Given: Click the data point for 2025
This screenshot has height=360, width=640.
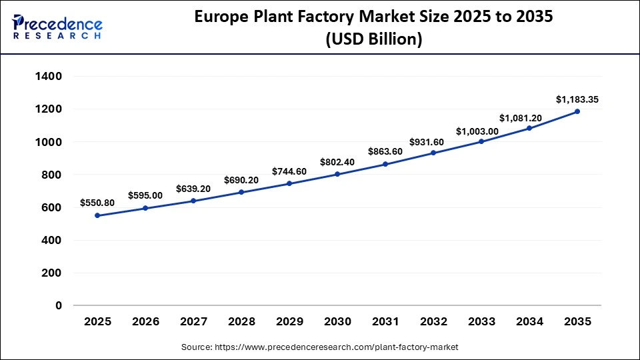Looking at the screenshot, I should click(97, 215).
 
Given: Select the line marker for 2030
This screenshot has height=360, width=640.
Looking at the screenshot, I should click(337, 174).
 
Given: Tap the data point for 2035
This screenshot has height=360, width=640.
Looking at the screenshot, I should click(577, 111).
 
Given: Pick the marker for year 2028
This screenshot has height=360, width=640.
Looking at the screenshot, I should click(241, 192).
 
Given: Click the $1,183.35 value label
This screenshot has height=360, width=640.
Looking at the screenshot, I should click(577, 99).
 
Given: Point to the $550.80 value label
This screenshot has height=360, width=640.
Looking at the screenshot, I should click(97, 203).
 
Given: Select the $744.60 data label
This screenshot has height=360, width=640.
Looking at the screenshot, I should click(289, 171).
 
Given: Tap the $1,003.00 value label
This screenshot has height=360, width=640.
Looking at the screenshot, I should click(481, 131).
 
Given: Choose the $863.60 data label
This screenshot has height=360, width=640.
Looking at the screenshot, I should click(385, 151).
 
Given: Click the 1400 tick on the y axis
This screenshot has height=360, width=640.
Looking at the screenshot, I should click(49, 77).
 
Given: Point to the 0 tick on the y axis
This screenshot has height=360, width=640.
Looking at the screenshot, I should click(59, 306).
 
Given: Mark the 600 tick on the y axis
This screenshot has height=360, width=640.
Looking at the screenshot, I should click(52, 208).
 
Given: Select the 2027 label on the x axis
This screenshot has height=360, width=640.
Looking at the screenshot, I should click(193, 322).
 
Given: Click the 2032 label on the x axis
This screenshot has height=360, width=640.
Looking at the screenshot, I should click(433, 322).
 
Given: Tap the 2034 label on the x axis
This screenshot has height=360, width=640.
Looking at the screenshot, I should click(529, 322).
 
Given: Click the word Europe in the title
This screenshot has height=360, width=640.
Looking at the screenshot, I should click(223, 17).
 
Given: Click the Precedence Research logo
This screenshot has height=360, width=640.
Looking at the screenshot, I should click(57, 27).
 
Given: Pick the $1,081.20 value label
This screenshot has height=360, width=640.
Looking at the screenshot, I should click(529, 118).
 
